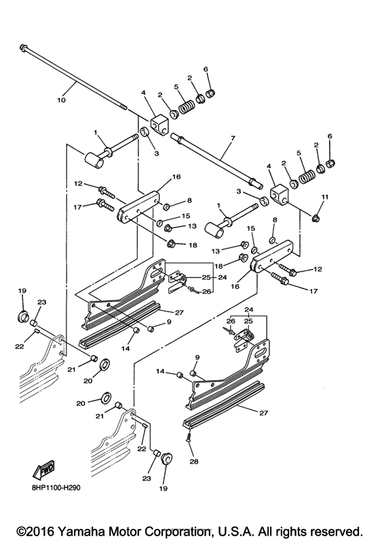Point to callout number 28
pyautogui.click(x=194, y=462)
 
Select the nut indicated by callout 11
pyautogui.click(x=316, y=217)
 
